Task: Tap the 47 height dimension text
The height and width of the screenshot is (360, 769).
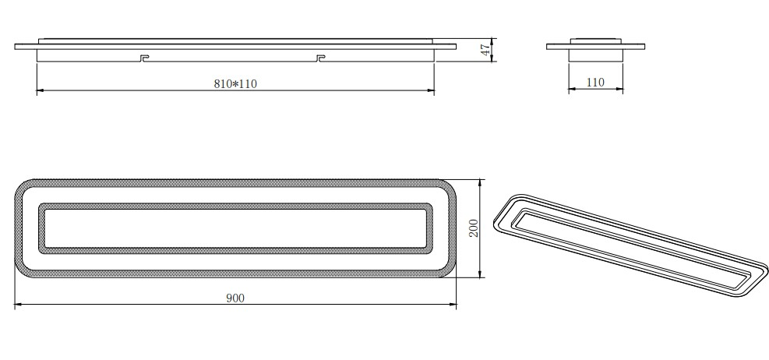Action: tap(484, 50)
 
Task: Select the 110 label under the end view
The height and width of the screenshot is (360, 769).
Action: tap(596, 82)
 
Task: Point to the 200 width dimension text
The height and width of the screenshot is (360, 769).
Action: tap(472, 228)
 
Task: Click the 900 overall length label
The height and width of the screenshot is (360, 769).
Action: tap(235, 298)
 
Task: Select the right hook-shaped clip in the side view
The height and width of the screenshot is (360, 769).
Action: tap(320, 58)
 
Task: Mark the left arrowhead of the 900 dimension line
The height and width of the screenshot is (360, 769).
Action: tap(19, 305)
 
